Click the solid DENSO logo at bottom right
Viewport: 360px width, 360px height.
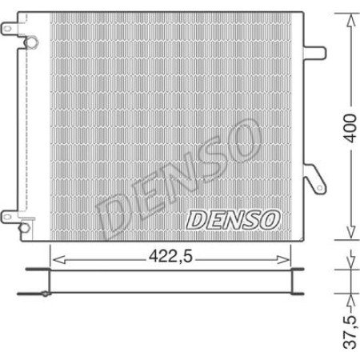click(233, 218)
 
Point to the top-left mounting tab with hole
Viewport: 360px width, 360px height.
click(10, 30)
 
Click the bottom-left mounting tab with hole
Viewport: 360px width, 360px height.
click(10, 214)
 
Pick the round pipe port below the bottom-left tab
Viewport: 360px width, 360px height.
click(30, 225)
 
